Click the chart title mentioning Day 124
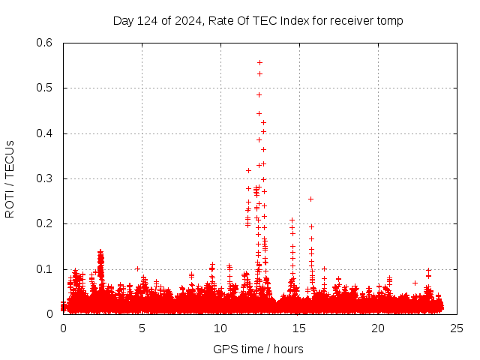click(x=258, y=21)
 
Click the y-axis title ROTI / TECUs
click(x=10, y=179)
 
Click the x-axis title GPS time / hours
click(x=258, y=349)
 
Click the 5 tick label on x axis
click(x=142, y=328)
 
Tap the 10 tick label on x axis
click(x=220, y=328)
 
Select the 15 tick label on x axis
click(x=299, y=328)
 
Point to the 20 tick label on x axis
click(x=378, y=328)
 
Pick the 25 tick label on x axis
click(x=457, y=328)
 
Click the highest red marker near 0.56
click(x=259, y=62)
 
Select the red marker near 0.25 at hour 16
click(x=310, y=199)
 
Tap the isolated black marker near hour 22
click(x=415, y=283)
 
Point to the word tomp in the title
click(x=390, y=21)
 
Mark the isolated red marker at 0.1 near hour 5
click(x=137, y=268)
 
